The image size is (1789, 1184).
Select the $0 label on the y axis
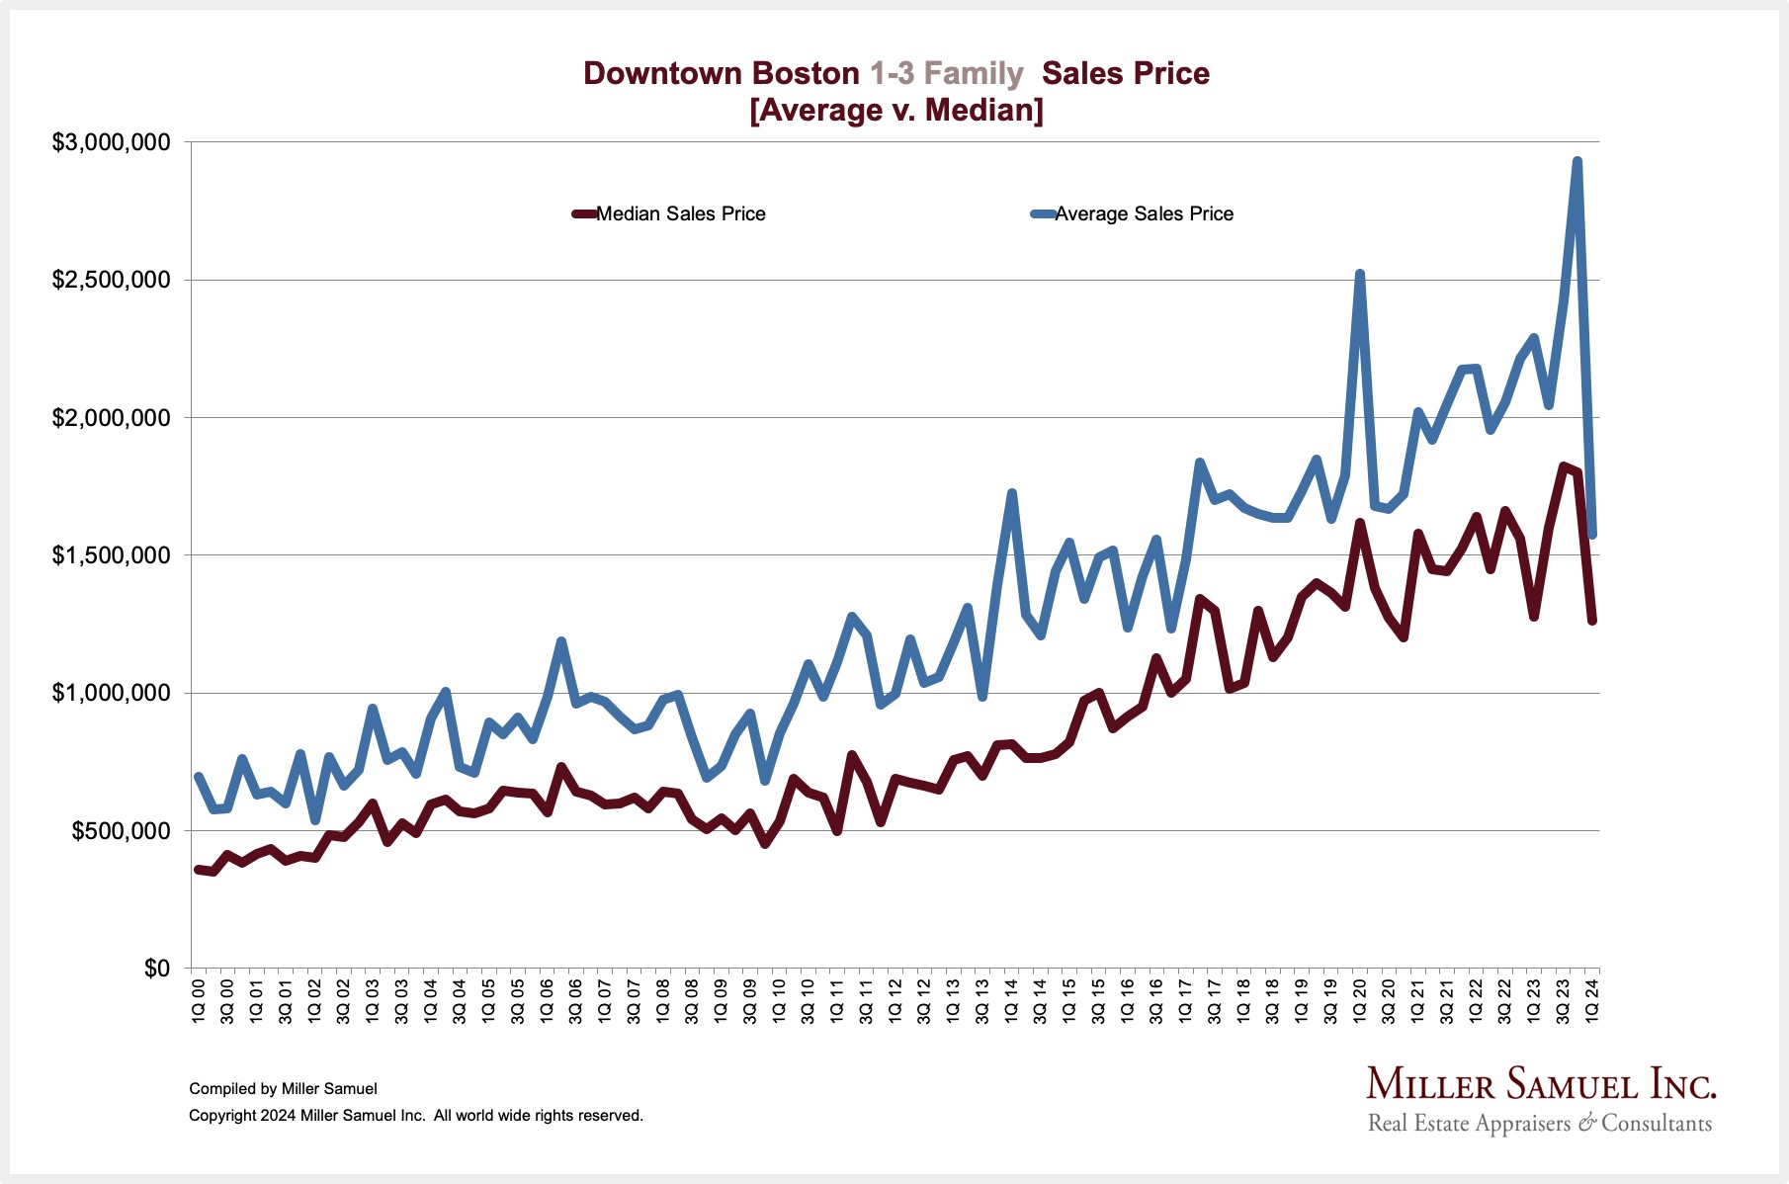157,969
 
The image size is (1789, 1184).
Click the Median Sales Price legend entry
680,214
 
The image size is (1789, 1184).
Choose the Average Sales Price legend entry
1144,214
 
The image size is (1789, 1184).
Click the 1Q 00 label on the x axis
198,1000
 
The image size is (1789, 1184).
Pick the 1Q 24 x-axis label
1592,1000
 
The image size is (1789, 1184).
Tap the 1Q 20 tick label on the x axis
1360,1000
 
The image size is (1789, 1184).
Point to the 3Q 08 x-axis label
692,1000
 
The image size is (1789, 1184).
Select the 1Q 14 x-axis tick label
1011,1000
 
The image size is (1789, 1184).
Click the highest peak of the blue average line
1576,161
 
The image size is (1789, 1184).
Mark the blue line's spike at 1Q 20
1360,274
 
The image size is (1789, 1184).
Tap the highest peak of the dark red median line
1563,466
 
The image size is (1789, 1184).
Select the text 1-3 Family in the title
946,74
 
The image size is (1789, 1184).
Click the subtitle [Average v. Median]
896,110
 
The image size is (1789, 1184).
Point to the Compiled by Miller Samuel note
283,1089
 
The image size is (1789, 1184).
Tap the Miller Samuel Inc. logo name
1541,1085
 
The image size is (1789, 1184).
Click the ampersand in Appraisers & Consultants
1586,1123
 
